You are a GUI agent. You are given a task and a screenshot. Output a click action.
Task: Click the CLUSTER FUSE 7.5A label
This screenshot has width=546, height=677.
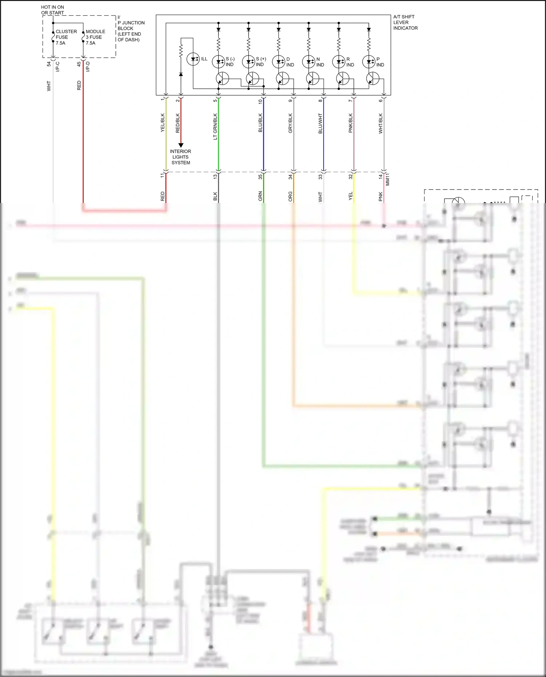tap(66, 37)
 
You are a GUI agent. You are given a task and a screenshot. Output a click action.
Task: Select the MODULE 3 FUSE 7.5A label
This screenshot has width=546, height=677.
tap(95, 37)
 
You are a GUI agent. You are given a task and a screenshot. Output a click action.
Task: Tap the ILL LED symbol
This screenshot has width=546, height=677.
tap(193, 59)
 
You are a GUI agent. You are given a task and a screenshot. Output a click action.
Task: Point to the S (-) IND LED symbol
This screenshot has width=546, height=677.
tap(218, 62)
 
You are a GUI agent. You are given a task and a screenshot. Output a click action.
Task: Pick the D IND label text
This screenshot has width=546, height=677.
tap(290, 62)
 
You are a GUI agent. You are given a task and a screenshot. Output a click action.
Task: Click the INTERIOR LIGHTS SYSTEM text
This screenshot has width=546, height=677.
tap(181, 157)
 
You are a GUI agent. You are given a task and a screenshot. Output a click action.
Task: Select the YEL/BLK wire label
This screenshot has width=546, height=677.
tap(163, 123)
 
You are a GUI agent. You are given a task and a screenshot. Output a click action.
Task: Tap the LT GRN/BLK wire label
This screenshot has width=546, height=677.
tap(215, 126)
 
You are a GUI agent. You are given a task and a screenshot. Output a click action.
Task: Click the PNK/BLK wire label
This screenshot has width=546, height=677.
tap(351, 123)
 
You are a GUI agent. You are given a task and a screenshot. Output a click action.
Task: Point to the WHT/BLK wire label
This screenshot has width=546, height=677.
tap(381, 123)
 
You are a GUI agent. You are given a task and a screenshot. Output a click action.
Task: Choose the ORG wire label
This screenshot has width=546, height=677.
tap(290, 196)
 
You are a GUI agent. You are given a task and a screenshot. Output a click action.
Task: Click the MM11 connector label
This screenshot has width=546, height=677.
tap(388, 179)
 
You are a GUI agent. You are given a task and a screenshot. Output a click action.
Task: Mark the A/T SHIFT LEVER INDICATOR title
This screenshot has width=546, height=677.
tap(405, 22)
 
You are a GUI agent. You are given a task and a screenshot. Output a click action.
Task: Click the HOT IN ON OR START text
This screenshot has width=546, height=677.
tap(52, 10)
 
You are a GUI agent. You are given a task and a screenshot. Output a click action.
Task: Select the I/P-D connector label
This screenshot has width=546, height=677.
tap(88, 67)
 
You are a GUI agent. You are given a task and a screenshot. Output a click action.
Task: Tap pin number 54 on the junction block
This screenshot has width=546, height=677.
tap(49, 64)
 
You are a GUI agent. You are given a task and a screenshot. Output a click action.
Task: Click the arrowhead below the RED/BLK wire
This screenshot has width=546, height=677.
tap(181, 145)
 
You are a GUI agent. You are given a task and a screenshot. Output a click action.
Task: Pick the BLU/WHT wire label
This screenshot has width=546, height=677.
tap(320, 123)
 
